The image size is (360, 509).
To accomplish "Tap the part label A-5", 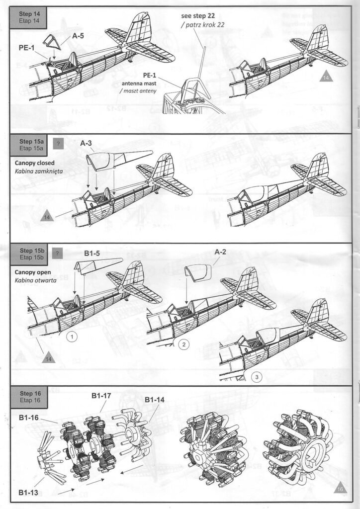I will click(x=78, y=36).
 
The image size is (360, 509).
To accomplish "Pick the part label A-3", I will click(x=87, y=143).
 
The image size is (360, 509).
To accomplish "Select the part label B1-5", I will click(x=92, y=253).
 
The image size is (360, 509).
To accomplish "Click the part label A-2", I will click(x=220, y=252).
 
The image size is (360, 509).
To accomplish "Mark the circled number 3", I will click(x=257, y=377).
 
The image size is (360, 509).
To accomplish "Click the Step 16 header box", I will click(x=29, y=396).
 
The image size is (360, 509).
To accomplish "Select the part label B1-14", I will click(x=155, y=400).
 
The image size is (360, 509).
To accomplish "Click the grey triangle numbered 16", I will click(x=340, y=489).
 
